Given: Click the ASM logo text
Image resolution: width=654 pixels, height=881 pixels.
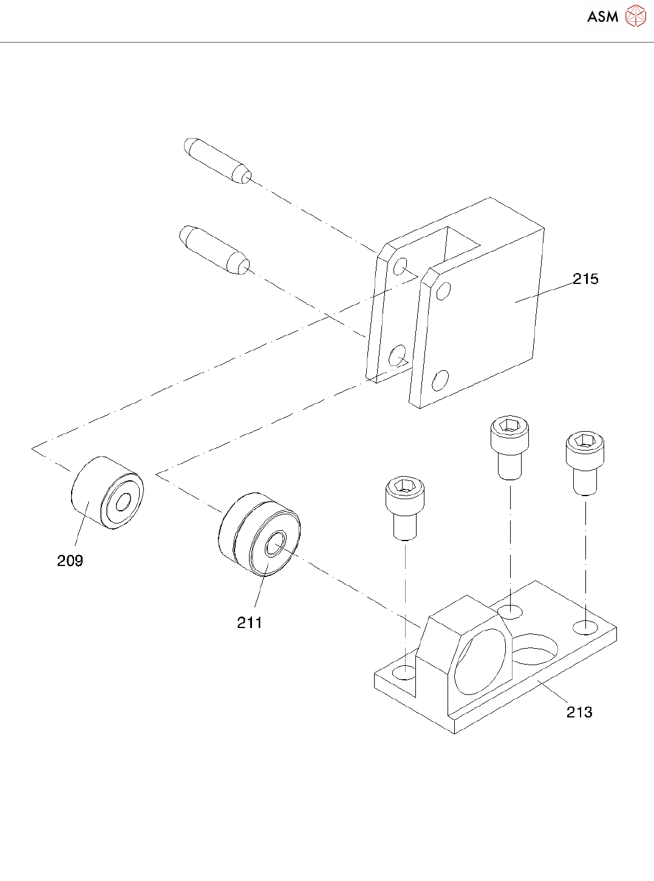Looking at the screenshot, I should pyautogui.click(x=602, y=17).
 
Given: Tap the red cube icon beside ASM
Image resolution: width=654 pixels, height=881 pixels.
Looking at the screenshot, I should pyautogui.click(x=635, y=16).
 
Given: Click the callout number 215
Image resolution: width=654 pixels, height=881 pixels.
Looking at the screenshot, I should pyautogui.click(x=585, y=279).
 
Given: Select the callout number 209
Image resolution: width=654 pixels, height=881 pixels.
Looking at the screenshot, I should pyautogui.click(x=70, y=561).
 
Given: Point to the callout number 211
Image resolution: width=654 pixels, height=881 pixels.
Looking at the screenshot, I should pyautogui.click(x=249, y=623).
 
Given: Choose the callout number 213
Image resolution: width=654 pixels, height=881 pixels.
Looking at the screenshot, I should pyautogui.click(x=579, y=712).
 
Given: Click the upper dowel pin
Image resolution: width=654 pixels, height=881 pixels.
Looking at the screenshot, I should pyautogui.click(x=217, y=160).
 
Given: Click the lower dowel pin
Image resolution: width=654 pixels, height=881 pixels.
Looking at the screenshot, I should pyautogui.click(x=214, y=249).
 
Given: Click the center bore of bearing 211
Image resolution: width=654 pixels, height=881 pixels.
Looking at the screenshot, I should pyautogui.click(x=276, y=543).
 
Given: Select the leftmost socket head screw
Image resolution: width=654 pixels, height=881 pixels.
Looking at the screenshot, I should pyautogui.click(x=404, y=508).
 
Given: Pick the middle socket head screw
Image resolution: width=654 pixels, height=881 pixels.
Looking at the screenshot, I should pyautogui.click(x=509, y=448).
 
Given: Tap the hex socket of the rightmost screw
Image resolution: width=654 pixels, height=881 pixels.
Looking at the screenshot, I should pyautogui.click(x=585, y=440).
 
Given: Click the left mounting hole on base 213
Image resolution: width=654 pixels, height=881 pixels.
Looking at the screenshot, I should pyautogui.click(x=404, y=672).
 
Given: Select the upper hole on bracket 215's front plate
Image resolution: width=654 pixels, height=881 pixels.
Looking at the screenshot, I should pyautogui.click(x=443, y=291).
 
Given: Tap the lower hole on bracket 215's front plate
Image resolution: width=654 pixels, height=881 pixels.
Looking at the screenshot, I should pyautogui.click(x=440, y=380).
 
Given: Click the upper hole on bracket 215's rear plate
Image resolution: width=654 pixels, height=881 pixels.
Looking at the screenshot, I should pyautogui.click(x=401, y=266).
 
